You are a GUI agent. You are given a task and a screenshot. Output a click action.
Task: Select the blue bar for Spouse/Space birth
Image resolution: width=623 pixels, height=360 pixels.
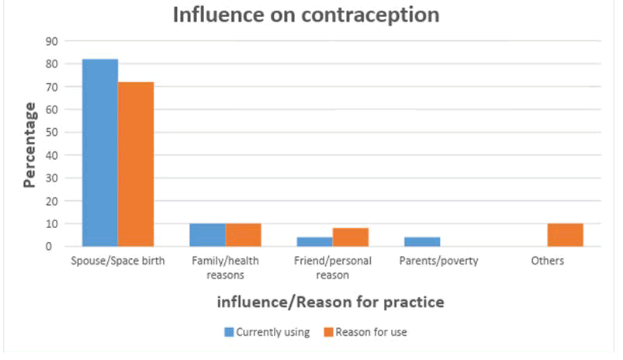click(100, 152)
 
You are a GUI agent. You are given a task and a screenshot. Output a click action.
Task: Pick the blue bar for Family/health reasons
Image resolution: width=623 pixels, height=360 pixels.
click(207, 234)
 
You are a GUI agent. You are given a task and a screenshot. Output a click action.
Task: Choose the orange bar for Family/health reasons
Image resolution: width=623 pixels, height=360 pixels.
click(243, 234)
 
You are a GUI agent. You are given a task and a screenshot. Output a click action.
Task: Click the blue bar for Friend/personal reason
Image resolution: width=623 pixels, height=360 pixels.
click(314, 241)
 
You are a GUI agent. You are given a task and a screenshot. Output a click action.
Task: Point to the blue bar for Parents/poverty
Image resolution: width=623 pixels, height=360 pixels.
click(422, 241)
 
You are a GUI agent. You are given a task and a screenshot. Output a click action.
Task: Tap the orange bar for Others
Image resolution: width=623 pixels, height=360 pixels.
click(565, 234)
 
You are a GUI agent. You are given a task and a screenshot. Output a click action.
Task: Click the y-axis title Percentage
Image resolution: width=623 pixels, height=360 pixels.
click(29, 144)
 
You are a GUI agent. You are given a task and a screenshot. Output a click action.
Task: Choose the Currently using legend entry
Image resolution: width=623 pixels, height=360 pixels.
click(267, 332)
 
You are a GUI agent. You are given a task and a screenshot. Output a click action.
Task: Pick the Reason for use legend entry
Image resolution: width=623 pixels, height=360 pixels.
click(365, 332)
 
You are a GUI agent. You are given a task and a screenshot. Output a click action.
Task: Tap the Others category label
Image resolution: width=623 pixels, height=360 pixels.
click(547, 261)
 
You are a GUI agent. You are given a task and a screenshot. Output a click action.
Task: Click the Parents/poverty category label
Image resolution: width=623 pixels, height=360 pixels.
click(439, 261)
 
